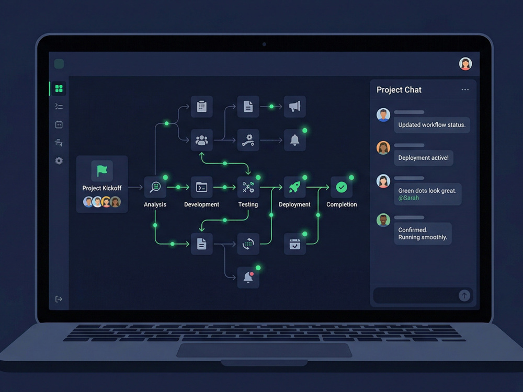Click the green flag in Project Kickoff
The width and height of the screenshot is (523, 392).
(x=102, y=170)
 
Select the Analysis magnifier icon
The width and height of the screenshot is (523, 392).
(x=155, y=187)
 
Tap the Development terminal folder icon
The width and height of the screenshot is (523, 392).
(x=201, y=187)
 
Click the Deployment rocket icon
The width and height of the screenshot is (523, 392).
(x=294, y=187)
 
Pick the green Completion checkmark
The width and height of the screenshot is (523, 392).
(x=341, y=187)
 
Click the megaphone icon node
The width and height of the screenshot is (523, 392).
(x=295, y=107)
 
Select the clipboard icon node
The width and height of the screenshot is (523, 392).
(x=201, y=106)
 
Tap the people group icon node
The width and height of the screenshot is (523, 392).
(x=201, y=140)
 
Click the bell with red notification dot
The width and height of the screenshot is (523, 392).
(x=248, y=277)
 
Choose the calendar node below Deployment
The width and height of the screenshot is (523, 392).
(x=294, y=244)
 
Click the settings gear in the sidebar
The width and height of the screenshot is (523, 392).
(x=59, y=160)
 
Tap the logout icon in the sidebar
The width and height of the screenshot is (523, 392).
(x=59, y=299)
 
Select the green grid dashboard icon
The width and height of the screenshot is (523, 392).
(x=59, y=88)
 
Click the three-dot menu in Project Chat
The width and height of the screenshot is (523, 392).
(x=465, y=90)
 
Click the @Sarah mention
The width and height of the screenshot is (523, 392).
(x=408, y=198)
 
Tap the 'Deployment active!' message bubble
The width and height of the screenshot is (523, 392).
(x=423, y=158)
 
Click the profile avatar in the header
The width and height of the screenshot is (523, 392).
(x=465, y=64)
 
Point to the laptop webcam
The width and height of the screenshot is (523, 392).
(x=264, y=44)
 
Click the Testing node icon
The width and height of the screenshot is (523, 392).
(x=248, y=187)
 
